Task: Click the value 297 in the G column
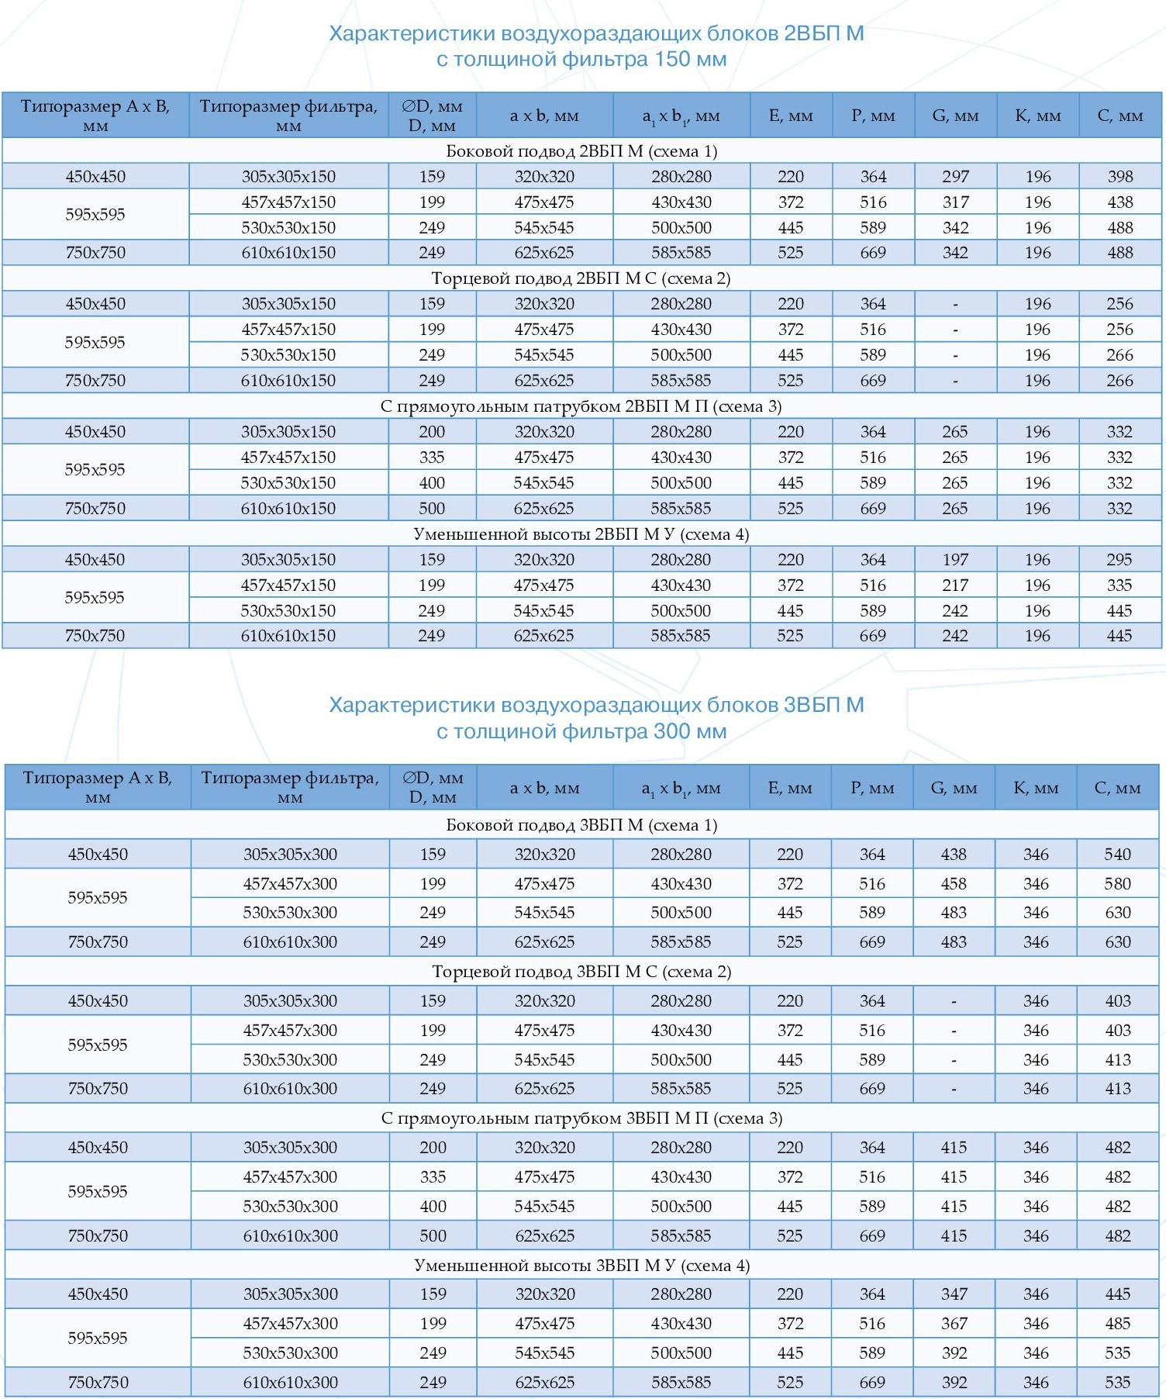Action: coord(955,177)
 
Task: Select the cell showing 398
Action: coord(1120,177)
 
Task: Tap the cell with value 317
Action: coord(955,202)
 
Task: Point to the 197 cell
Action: coord(955,560)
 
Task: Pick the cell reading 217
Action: coord(955,586)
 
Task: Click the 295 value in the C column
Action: coord(1119,560)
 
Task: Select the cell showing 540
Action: coord(1117,855)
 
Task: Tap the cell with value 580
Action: coord(1117,884)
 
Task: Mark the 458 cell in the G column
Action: coord(954,884)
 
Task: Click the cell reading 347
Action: coord(954,1294)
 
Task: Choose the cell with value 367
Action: coord(954,1324)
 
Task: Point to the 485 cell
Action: coord(1117,1324)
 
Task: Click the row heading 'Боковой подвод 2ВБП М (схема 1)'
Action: coord(581,151)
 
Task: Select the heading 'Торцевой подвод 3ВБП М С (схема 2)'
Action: coord(581,972)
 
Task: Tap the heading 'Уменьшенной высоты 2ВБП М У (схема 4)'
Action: coord(581,534)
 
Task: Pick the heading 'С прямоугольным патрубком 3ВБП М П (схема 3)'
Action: coord(581,1118)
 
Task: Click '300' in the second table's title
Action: coord(671,731)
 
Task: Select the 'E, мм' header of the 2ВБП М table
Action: coord(791,116)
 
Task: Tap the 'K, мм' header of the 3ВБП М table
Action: coord(1036,789)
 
